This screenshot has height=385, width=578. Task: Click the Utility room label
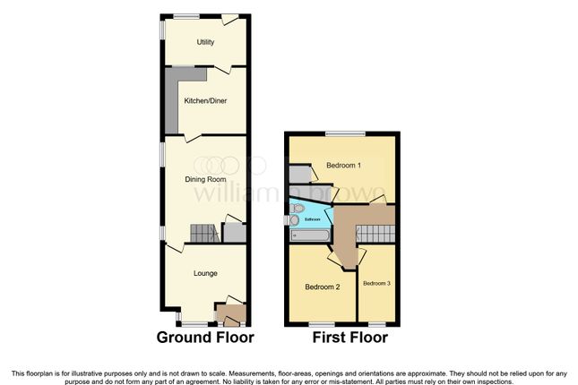click(205, 42)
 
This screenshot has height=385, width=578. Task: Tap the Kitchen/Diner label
click(205, 101)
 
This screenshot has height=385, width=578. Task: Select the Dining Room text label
click(205, 179)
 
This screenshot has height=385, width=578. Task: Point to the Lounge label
click(205, 273)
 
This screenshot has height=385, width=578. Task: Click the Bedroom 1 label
click(343, 166)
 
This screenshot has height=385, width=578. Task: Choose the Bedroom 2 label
click(322, 287)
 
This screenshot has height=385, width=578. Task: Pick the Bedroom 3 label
click(376, 284)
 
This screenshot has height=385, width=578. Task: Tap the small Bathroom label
click(313, 219)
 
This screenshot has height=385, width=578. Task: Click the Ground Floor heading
click(205, 338)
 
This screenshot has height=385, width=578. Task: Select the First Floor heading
click(349, 338)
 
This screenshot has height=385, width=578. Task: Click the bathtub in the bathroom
click(310, 235)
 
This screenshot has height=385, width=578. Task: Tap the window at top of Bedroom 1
click(345, 133)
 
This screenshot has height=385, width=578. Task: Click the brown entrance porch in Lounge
click(231, 314)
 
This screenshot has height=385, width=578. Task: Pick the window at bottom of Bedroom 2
click(321, 323)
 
